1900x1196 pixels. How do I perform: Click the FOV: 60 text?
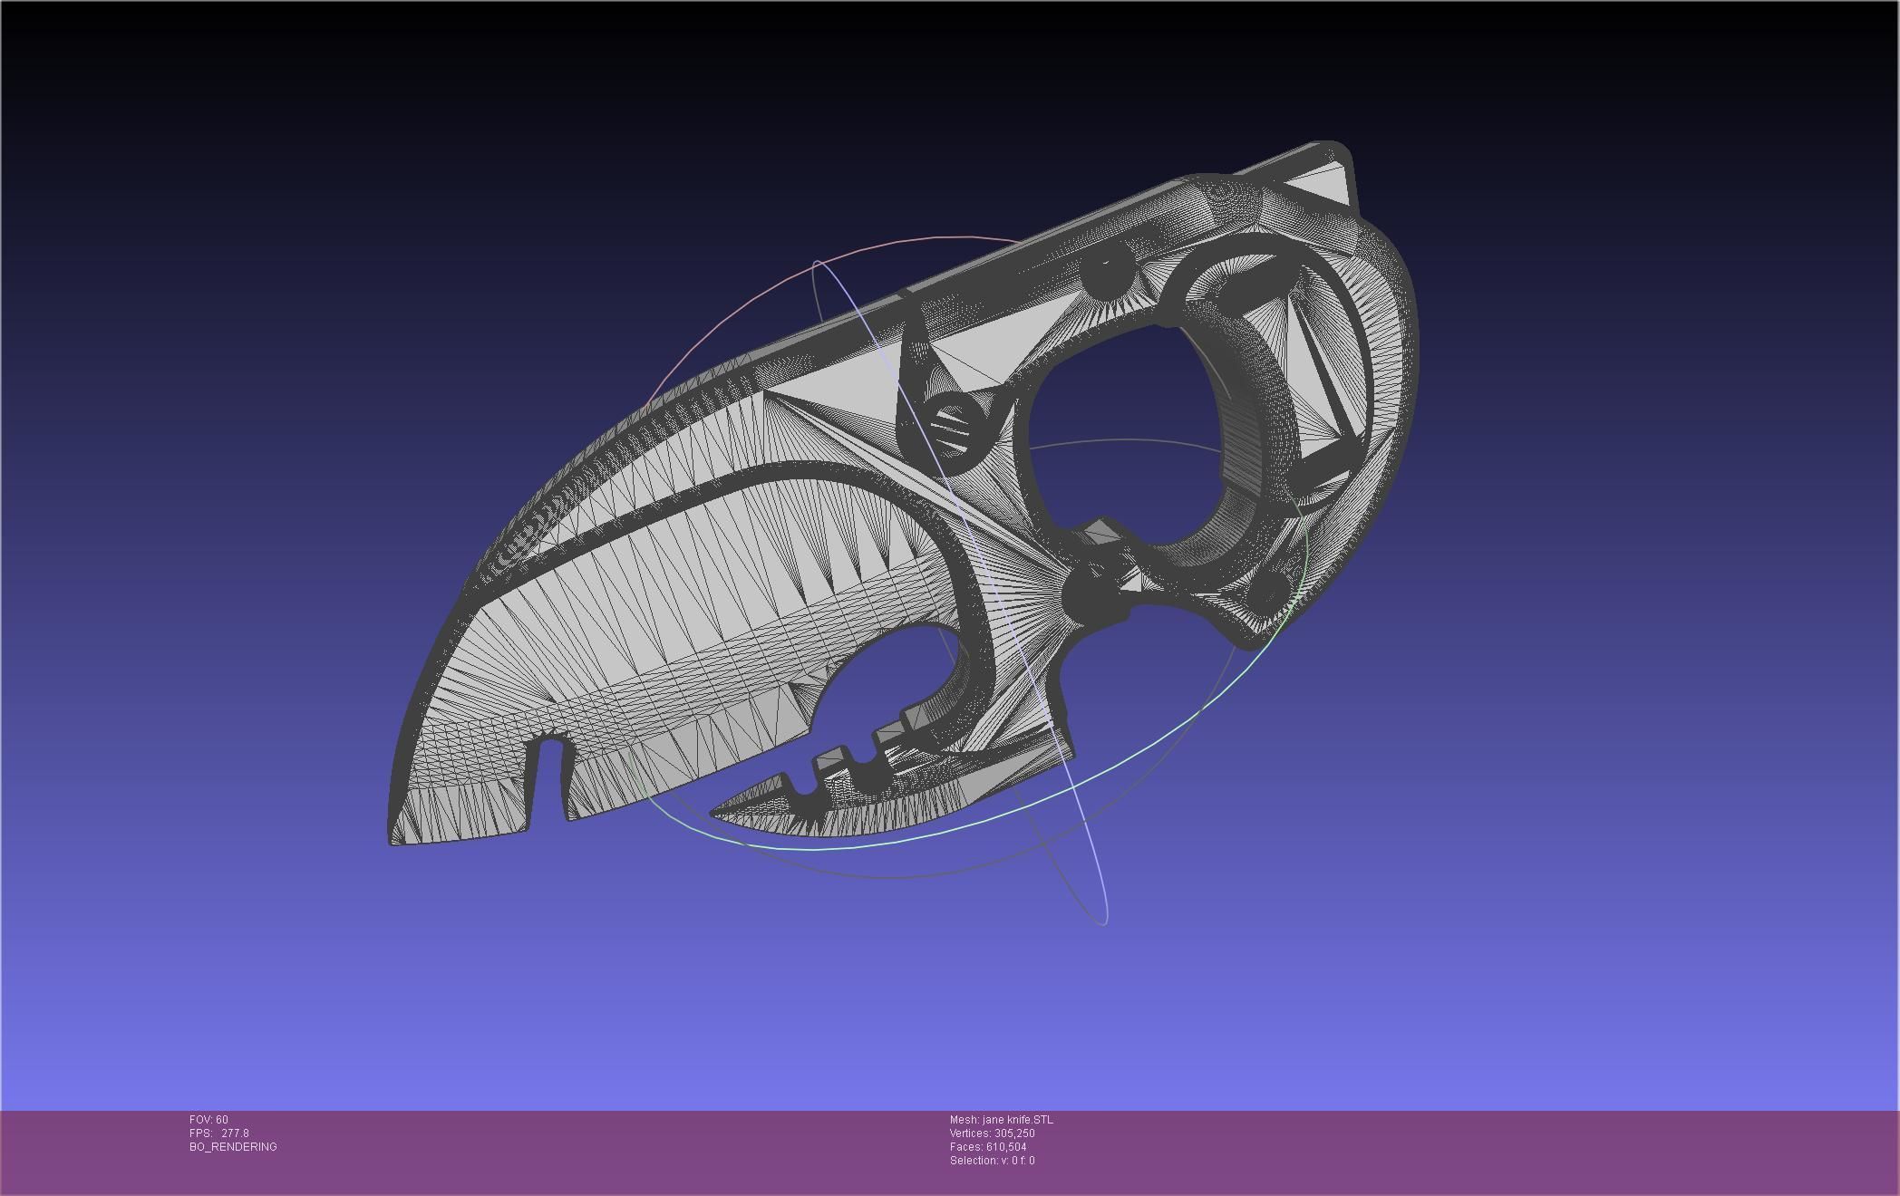click(x=208, y=1120)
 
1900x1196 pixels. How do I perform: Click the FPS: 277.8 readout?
click(x=218, y=1133)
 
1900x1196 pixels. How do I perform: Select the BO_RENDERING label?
click(x=233, y=1147)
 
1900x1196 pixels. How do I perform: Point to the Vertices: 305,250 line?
click(x=992, y=1133)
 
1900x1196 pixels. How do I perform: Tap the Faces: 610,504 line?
click(x=988, y=1147)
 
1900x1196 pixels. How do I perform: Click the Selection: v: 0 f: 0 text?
click(x=992, y=1161)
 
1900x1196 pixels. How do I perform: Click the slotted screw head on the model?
click(x=953, y=427)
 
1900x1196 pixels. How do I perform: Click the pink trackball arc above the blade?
click(x=816, y=263)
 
